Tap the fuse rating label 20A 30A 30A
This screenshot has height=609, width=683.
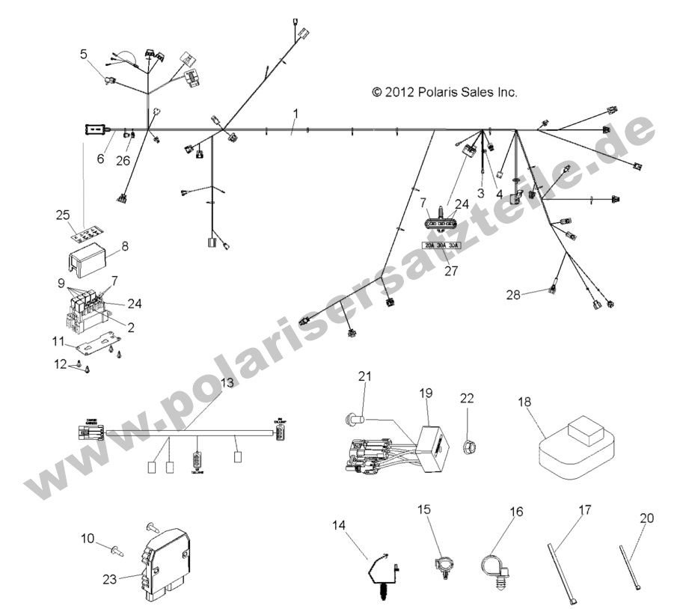click(x=441, y=245)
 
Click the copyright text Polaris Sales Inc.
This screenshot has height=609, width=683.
click(x=444, y=93)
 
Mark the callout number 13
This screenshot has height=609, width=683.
click(x=227, y=382)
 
